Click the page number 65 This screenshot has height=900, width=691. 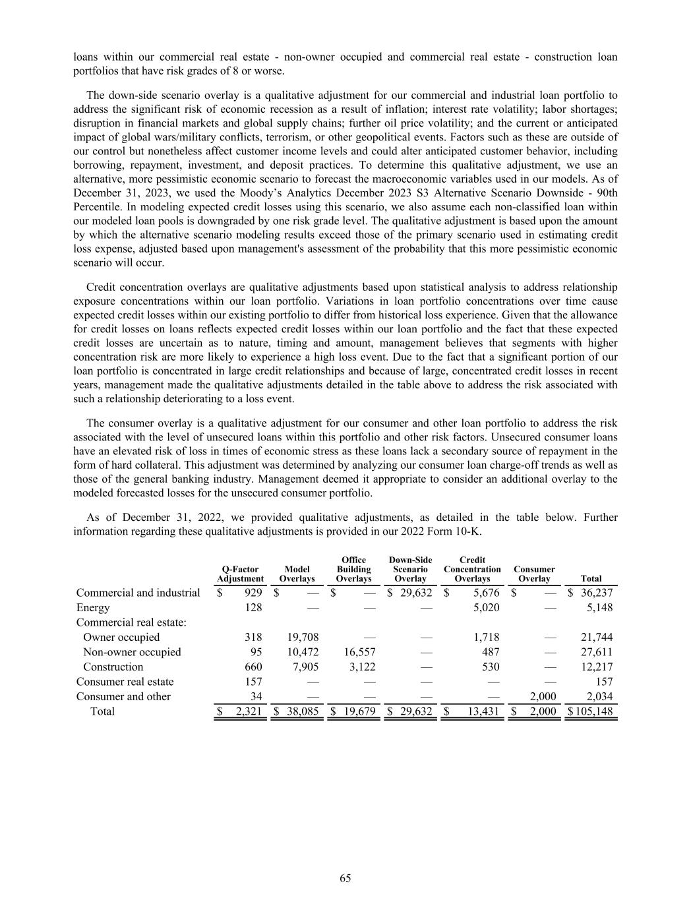345,878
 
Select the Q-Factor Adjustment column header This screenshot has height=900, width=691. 240,574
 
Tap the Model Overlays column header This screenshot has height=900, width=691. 297,574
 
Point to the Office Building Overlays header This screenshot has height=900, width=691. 354,569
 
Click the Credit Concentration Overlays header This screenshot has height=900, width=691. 472,569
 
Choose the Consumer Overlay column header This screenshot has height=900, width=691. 534,574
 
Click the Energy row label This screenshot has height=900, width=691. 93,607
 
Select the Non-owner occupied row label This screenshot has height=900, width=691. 132,651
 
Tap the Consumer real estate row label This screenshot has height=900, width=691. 125,681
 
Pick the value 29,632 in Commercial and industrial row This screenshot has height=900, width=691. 415,593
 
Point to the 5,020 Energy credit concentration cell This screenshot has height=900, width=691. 486,607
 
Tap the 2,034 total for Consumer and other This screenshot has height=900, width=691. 599,696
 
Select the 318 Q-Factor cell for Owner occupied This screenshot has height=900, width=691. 253,637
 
